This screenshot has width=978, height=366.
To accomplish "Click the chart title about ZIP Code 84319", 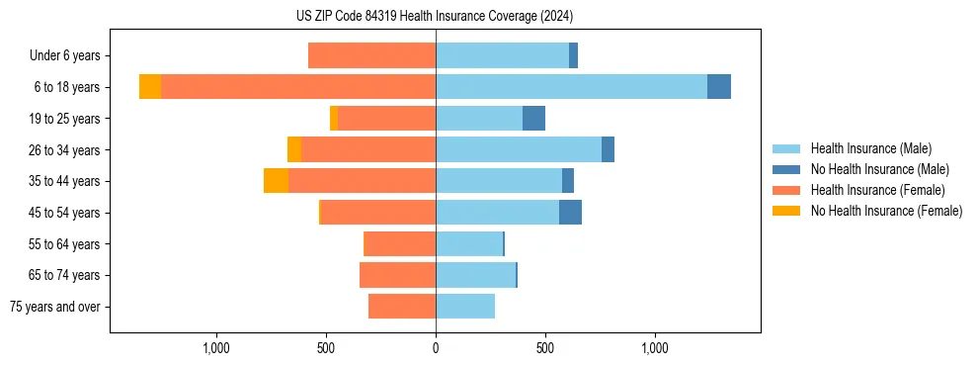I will [x=434, y=16].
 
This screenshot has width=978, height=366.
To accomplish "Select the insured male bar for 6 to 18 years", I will [x=571, y=87].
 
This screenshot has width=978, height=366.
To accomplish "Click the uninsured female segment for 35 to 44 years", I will [x=276, y=181].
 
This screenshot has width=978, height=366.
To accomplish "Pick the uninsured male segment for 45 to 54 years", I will [x=570, y=213].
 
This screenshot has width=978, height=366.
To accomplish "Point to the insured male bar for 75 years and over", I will [x=465, y=307].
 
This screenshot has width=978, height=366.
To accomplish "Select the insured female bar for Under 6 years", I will [x=371, y=55].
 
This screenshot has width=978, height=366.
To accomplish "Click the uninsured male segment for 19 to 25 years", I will [x=533, y=119].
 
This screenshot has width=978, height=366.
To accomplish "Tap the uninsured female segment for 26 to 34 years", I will [x=294, y=149].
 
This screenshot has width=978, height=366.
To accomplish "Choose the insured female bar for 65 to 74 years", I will [x=397, y=275].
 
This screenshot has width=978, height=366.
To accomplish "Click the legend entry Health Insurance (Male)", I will [x=870, y=149].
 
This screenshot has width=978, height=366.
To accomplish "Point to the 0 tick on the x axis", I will [x=436, y=347].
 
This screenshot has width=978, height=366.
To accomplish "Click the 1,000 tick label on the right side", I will [x=655, y=347].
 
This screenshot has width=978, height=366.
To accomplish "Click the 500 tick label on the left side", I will [x=326, y=347].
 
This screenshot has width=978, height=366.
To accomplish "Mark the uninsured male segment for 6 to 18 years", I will [x=719, y=87].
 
